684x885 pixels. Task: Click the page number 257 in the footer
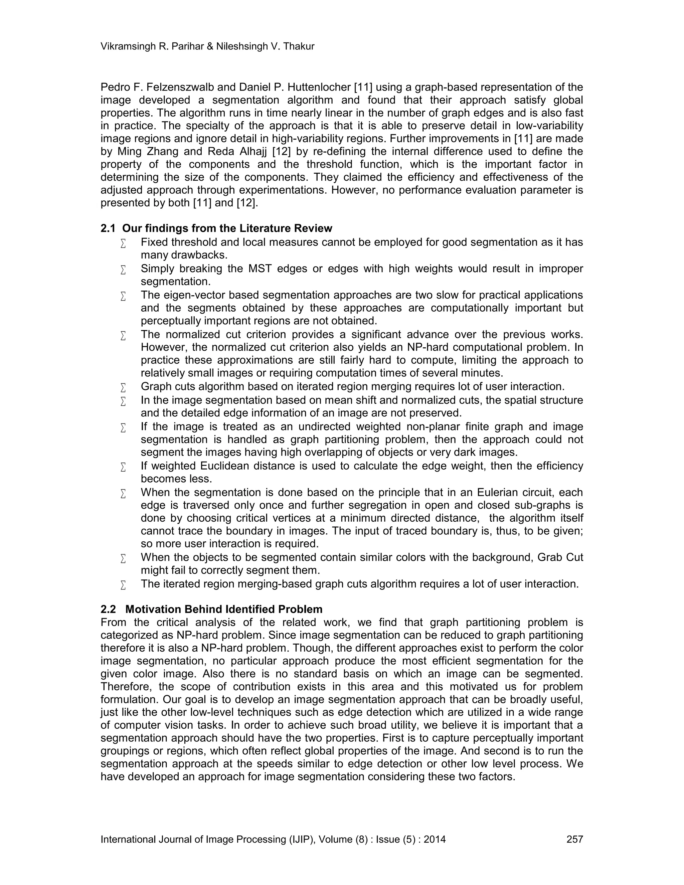point(574,839)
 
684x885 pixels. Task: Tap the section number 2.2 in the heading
point(108,609)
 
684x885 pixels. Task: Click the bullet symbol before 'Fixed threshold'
point(123,243)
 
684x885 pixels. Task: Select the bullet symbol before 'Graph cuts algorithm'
point(123,388)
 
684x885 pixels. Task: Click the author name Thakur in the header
point(300,47)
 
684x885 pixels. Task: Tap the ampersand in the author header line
point(210,47)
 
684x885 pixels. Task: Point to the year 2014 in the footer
point(435,839)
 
